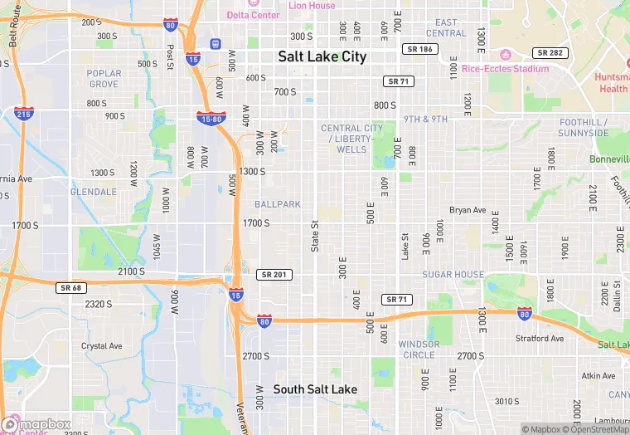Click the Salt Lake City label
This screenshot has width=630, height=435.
click(322, 56)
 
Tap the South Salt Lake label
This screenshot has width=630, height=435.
click(315, 389)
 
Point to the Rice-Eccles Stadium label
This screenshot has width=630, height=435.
click(505, 68)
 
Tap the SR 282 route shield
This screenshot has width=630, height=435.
click(549, 52)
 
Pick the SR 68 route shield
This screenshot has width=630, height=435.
click(72, 287)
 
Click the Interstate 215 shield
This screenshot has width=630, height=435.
click(24, 113)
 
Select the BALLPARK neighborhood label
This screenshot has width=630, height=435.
click(278, 203)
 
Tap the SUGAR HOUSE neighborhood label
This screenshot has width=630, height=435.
click(453, 274)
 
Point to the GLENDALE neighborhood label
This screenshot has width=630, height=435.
click(94, 191)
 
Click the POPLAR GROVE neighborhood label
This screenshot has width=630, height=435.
click(104, 78)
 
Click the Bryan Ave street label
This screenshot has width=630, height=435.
click(468, 210)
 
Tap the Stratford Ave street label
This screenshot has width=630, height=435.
click(540, 339)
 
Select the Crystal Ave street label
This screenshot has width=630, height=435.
click(101, 345)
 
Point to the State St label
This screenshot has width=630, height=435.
click(315, 237)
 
